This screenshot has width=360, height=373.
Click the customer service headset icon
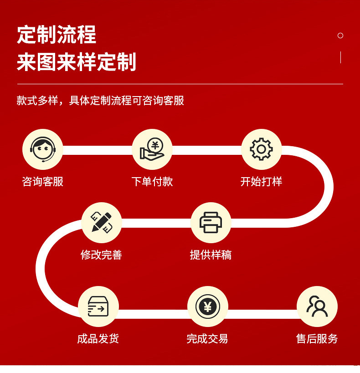(43, 149)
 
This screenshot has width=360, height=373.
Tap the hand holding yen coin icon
(152, 149)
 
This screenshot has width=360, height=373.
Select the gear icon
(261, 149)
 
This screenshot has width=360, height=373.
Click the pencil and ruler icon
(102, 222)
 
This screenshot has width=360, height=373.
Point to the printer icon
(211, 222)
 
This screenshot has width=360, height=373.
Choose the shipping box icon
(98, 307)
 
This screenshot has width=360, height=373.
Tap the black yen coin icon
(208, 307)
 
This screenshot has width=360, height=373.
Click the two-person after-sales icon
(317, 306)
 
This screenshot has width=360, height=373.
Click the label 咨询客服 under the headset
(43, 182)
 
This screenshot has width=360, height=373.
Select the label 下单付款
(152, 182)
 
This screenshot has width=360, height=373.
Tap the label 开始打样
(261, 182)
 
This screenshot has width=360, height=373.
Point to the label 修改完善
(102, 255)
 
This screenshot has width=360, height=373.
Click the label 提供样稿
(211, 255)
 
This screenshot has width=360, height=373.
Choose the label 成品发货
(98, 338)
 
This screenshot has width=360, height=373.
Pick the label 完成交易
(207, 338)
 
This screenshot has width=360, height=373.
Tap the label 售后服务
(317, 338)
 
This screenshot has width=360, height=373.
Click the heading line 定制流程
(57, 35)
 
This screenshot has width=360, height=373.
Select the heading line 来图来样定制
(77, 62)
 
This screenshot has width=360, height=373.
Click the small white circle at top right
(340, 36)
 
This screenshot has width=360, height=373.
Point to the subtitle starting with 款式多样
(100, 100)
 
